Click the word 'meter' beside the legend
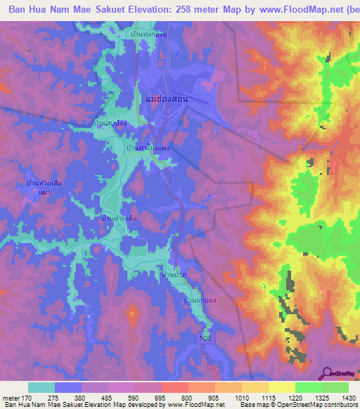click(11, 396)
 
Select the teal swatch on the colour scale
click(41, 387)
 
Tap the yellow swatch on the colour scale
click(281, 387)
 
